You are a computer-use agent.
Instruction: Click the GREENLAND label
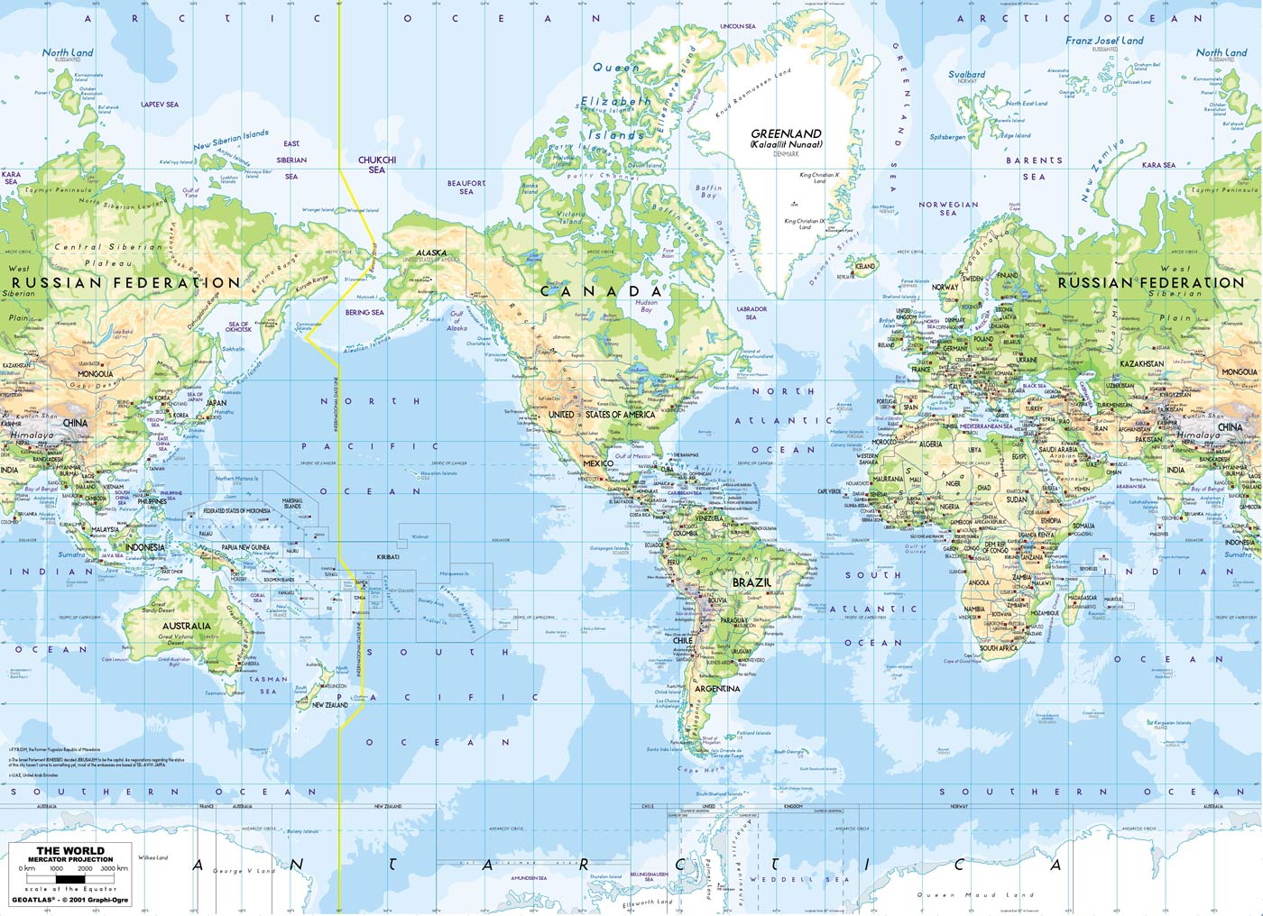[786, 133]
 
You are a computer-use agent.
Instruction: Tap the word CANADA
[601, 291]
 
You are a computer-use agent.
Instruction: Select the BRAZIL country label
[751, 582]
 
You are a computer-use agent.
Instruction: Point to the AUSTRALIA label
[187, 626]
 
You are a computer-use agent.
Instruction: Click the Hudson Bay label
[646, 306]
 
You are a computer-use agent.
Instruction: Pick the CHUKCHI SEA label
[377, 164]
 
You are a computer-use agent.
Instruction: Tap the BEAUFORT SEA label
[466, 187]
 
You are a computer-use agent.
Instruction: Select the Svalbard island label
[966, 75]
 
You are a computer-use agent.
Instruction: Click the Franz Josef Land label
[1103, 41]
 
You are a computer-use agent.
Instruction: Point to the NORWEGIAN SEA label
[948, 208]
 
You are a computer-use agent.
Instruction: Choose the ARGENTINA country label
[717, 689]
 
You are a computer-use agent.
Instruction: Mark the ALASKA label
[431, 253]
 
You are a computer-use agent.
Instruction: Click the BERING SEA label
[364, 313]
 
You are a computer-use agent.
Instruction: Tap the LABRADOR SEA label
[751, 313]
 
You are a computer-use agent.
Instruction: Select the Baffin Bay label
[708, 191]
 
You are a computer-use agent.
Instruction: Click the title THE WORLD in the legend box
[70, 850]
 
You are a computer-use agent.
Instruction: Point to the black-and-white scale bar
[70, 877]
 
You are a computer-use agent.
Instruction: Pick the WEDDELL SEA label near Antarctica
[799, 879]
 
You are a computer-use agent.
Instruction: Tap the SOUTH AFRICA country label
[999, 648]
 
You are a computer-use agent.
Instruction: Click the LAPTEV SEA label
[160, 105]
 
